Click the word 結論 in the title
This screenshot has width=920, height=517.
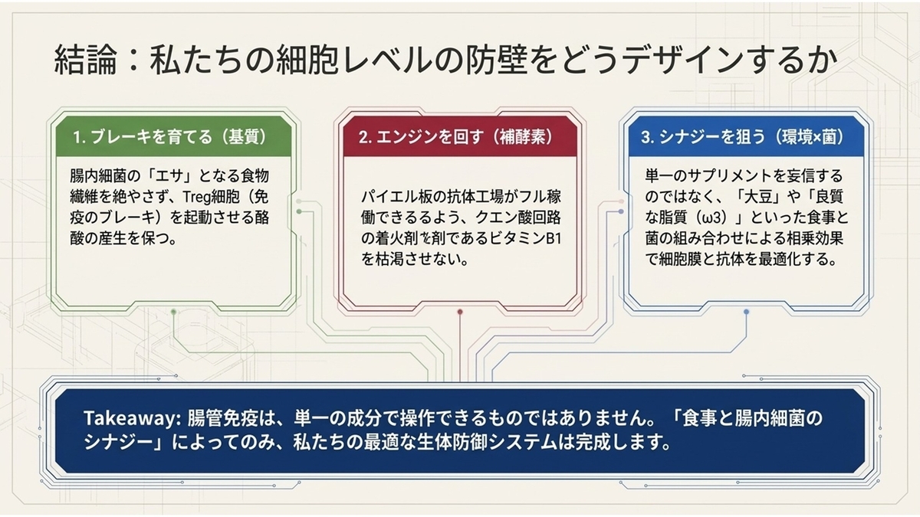click(x=85, y=61)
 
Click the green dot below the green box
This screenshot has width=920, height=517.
click(x=174, y=312)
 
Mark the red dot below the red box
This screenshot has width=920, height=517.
click(x=460, y=312)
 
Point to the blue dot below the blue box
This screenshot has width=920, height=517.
click(x=746, y=312)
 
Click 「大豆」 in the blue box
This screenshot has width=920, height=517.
click(x=754, y=197)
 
